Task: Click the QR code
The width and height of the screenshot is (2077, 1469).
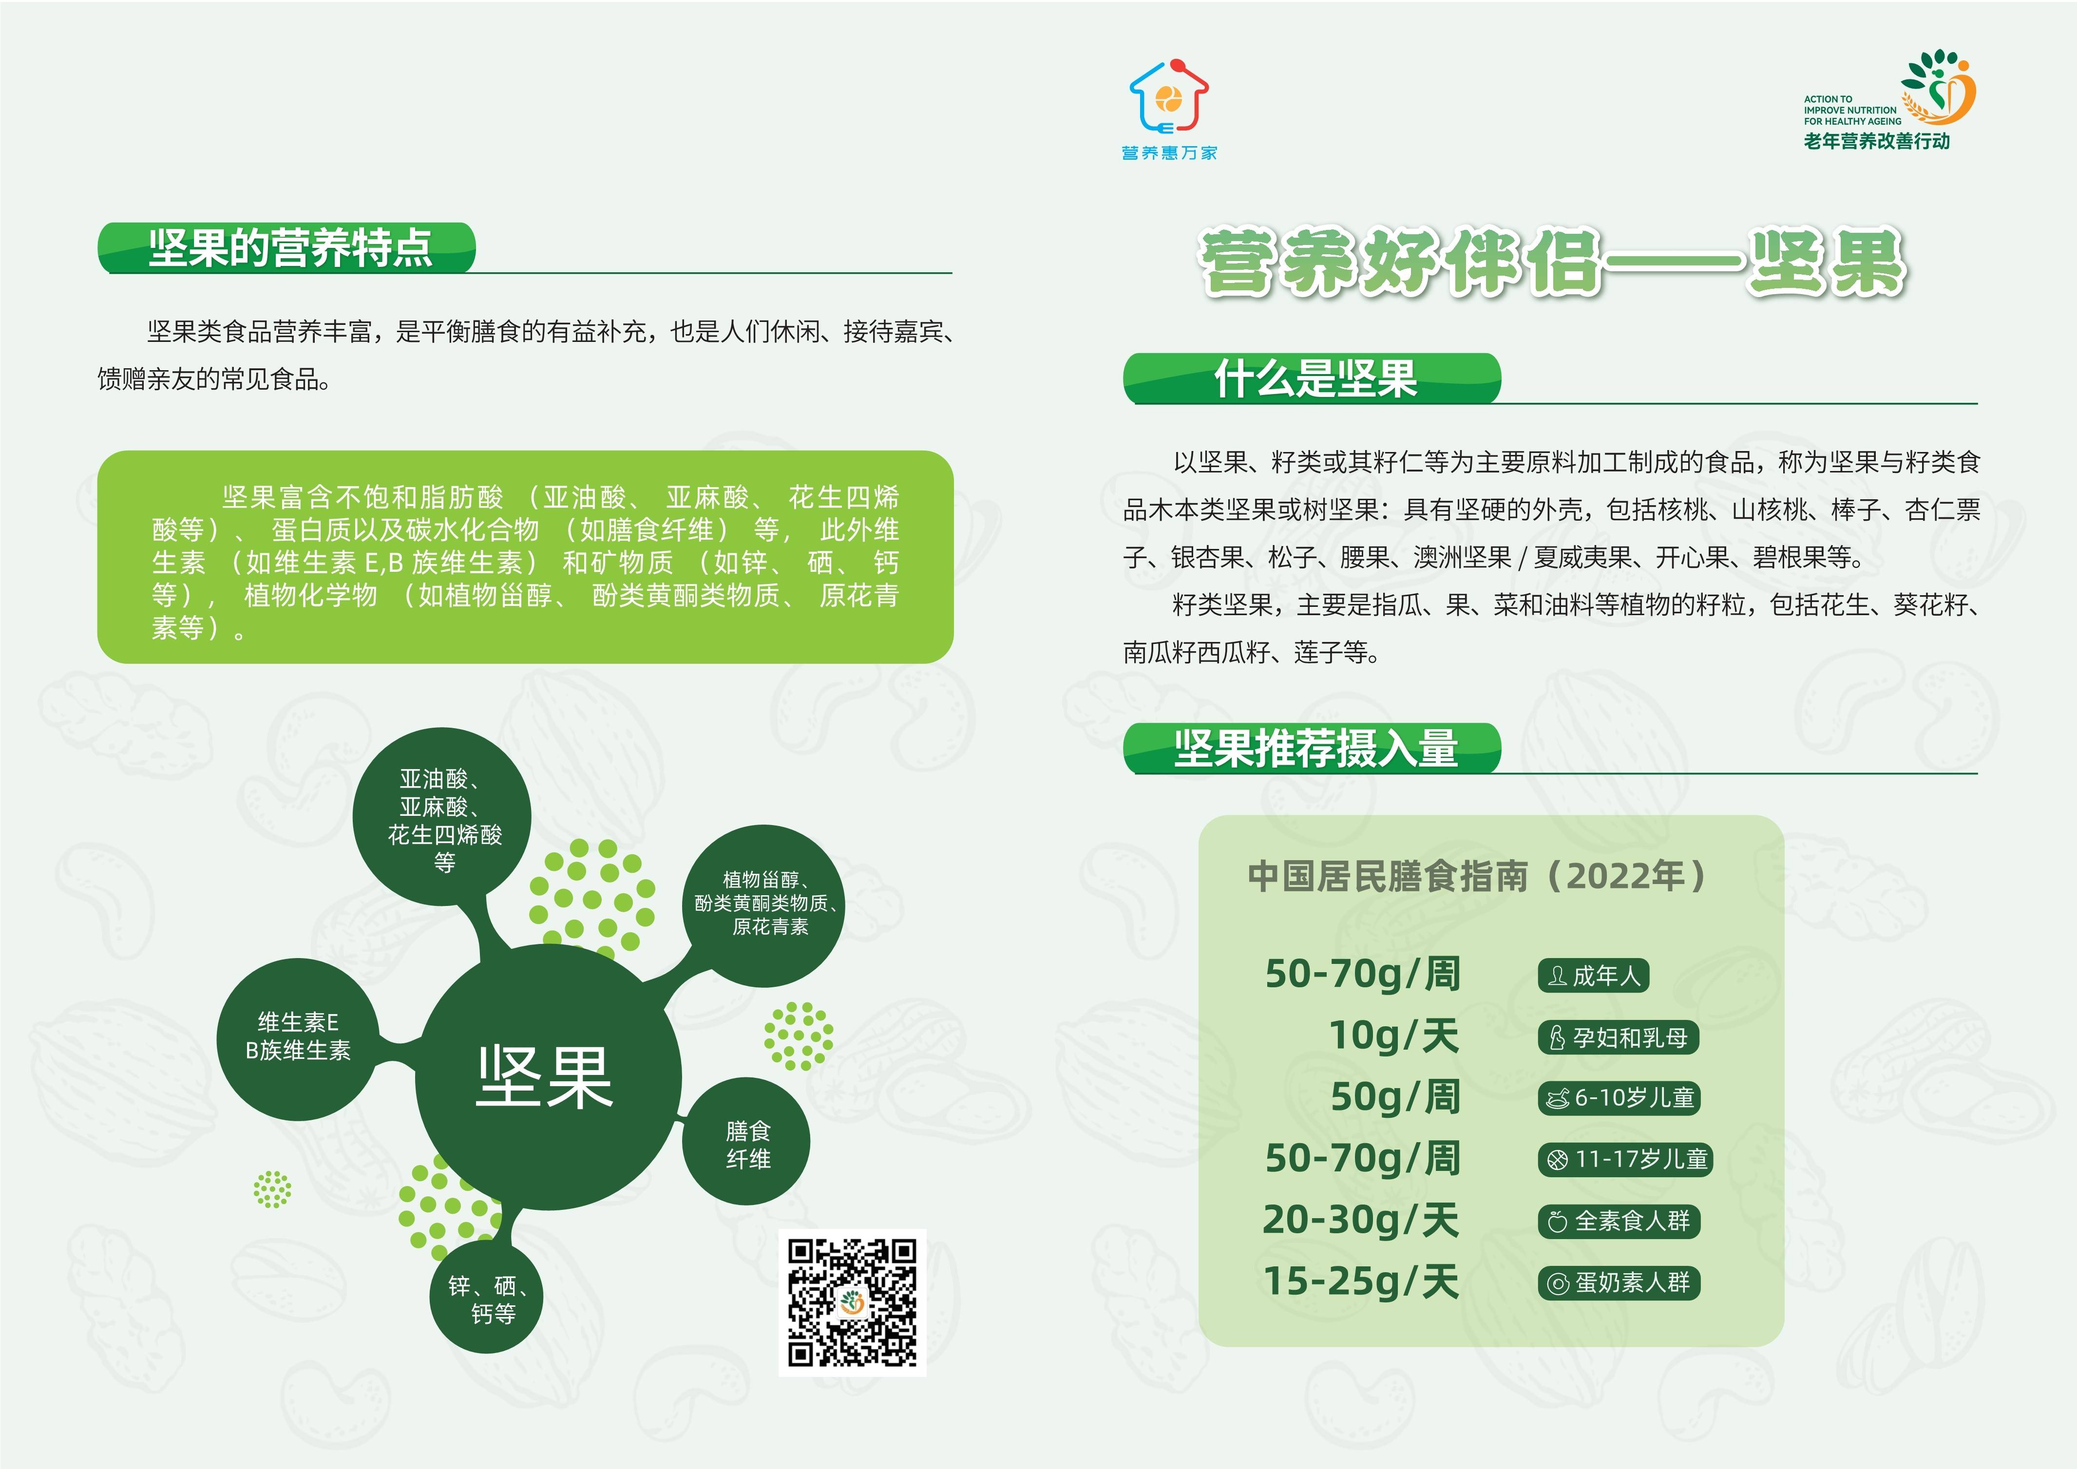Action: [x=852, y=1302]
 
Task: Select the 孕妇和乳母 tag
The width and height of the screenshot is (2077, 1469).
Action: [x=1619, y=1037]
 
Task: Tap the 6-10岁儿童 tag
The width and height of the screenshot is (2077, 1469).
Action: [x=1620, y=1098]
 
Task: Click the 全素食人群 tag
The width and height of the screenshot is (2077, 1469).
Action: [x=1620, y=1221]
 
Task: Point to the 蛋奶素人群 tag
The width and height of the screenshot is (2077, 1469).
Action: [x=1620, y=1282]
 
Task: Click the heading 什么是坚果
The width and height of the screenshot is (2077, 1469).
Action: [x=1315, y=378]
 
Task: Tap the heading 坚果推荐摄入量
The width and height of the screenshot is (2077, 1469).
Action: [x=1315, y=748]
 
